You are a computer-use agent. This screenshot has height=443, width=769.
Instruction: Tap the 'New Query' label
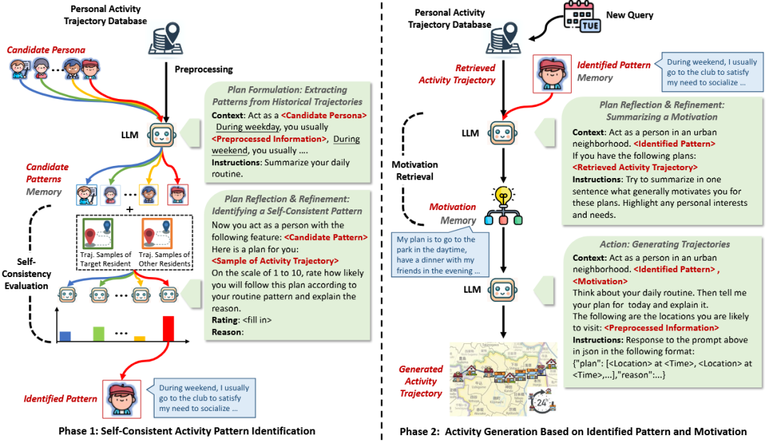pyautogui.click(x=630, y=15)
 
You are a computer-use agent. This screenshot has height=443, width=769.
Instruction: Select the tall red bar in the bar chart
pyautogui.click(x=168, y=328)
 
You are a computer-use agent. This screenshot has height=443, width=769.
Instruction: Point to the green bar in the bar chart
pyautogui.click(x=98, y=333)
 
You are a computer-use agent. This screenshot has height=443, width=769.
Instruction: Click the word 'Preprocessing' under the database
pyautogui.click(x=204, y=70)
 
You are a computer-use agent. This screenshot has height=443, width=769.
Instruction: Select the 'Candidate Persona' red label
pyautogui.click(x=46, y=50)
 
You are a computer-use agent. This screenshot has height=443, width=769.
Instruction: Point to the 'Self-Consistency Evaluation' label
pyautogui.click(x=29, y=274)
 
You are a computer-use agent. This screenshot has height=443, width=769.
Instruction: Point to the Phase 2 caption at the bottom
pyautogui.click(x=573, y=431)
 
